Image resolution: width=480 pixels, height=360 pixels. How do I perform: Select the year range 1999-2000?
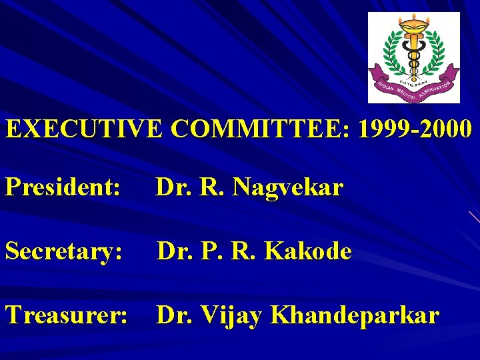416,128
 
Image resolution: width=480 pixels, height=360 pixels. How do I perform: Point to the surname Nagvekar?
288,188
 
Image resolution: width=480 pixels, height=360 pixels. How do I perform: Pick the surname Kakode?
308,251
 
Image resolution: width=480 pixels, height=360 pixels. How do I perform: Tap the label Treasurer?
66,315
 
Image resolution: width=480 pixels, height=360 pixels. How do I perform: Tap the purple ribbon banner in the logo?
413,85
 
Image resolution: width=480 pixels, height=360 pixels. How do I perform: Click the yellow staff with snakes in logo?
413,57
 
